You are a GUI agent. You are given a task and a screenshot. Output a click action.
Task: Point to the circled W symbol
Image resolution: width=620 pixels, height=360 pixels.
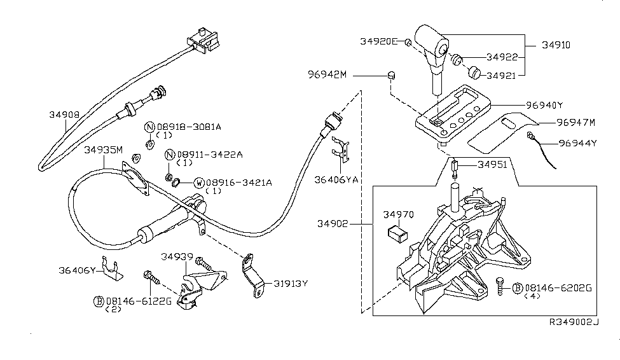[198, 183]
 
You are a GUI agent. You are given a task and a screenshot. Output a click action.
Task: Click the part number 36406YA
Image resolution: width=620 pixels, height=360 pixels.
[336, 180]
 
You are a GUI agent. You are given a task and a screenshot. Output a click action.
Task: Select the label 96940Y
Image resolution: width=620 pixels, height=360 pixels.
[545, 104]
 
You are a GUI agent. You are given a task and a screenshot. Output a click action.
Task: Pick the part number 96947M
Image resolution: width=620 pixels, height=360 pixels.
[575, 121]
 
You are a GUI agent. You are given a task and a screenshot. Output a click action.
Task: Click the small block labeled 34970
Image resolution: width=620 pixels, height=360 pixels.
[397, 233]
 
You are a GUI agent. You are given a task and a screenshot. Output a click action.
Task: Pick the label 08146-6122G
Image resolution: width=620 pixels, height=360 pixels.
[139, 300]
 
